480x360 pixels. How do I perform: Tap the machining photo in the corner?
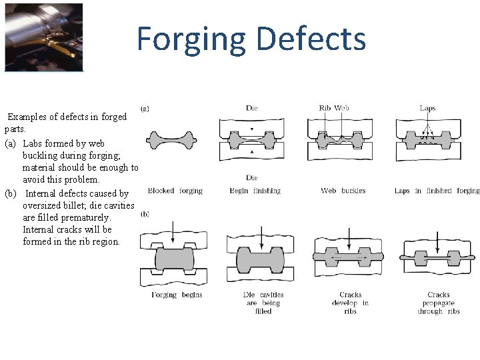point(43,37)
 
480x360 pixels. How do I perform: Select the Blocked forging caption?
point(175,191)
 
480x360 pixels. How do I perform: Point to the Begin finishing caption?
point(255,191)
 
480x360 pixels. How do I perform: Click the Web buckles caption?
point(343,191)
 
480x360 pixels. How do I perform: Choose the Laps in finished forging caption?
point(437,191)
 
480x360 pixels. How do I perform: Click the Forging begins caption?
point(177,295)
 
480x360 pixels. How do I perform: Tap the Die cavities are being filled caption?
point(263,303)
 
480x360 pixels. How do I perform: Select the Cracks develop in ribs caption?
point(351,303)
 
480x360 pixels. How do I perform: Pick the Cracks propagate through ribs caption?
point(438,303)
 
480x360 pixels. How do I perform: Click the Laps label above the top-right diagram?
point(427,108)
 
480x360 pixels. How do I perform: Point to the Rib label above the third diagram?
point(325,108)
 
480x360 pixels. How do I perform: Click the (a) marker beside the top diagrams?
point(145,108)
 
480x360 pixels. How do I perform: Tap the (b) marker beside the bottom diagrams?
point(145,214)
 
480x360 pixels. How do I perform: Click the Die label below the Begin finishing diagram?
point(251,178)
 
